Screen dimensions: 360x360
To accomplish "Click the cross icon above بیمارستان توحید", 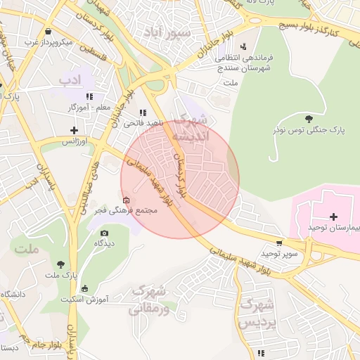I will [x=333, y=217].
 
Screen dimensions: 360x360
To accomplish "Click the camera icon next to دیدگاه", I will [x=105, y=233].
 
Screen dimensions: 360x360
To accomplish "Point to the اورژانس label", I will [x=75, y=141].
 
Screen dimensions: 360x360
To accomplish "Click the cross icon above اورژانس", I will [x=75, y=130].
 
